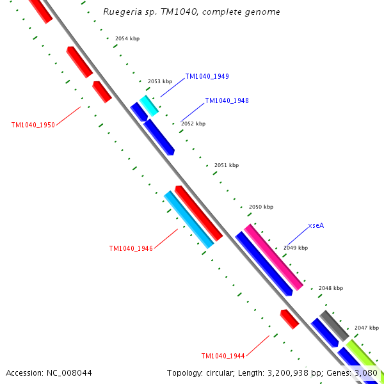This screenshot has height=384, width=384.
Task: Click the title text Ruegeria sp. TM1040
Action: point(191,12)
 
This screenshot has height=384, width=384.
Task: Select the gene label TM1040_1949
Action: point(207,77)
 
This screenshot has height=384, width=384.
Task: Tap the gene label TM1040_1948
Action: point(227,101)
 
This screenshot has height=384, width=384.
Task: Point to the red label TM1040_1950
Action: point(33,125)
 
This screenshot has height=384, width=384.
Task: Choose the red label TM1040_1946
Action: point(131,248)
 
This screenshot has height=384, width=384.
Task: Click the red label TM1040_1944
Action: point(223,356)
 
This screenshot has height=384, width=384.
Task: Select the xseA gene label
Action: point(316,225)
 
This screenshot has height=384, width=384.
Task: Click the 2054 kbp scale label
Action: point(127,39)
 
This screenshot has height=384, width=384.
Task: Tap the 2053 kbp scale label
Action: point(160,82)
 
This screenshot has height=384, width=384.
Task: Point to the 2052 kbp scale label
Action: point(193,124)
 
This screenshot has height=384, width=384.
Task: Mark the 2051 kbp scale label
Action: point(227,165)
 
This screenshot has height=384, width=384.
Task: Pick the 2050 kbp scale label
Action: point(261,207)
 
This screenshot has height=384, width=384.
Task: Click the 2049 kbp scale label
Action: point(296,248)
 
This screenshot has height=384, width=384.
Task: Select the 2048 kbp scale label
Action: point(331,288)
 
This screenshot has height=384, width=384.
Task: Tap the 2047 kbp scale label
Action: point(367,327)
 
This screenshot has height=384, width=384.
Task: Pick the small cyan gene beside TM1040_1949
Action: point(149,106)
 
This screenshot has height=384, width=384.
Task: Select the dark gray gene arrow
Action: point(334,325)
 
